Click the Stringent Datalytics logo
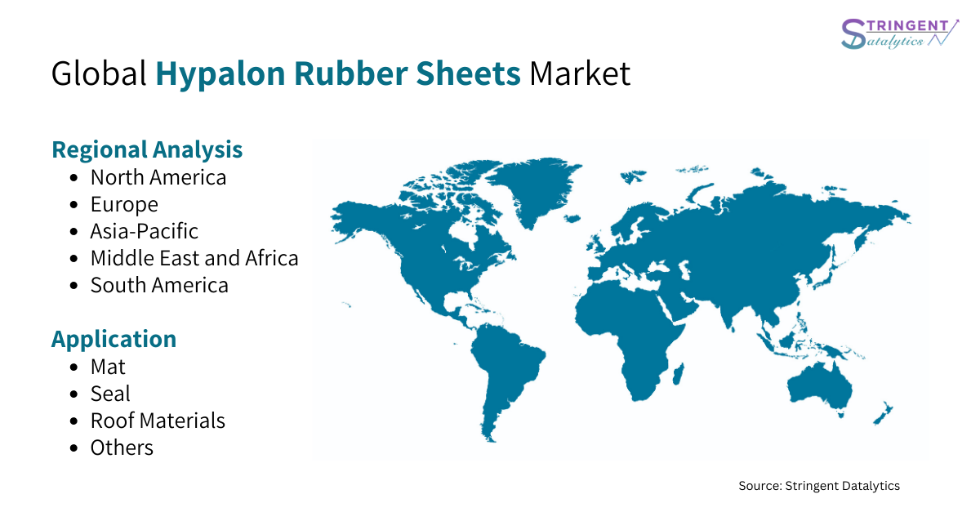(x=899, y=33)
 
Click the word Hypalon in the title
(x=220, y=74)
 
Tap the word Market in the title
(x=580, y=73)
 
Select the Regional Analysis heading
(x=147, y=150)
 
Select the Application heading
(x=114, y=340)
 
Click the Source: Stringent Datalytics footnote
(x=819, y=486)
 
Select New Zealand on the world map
(x=884, y=413)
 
